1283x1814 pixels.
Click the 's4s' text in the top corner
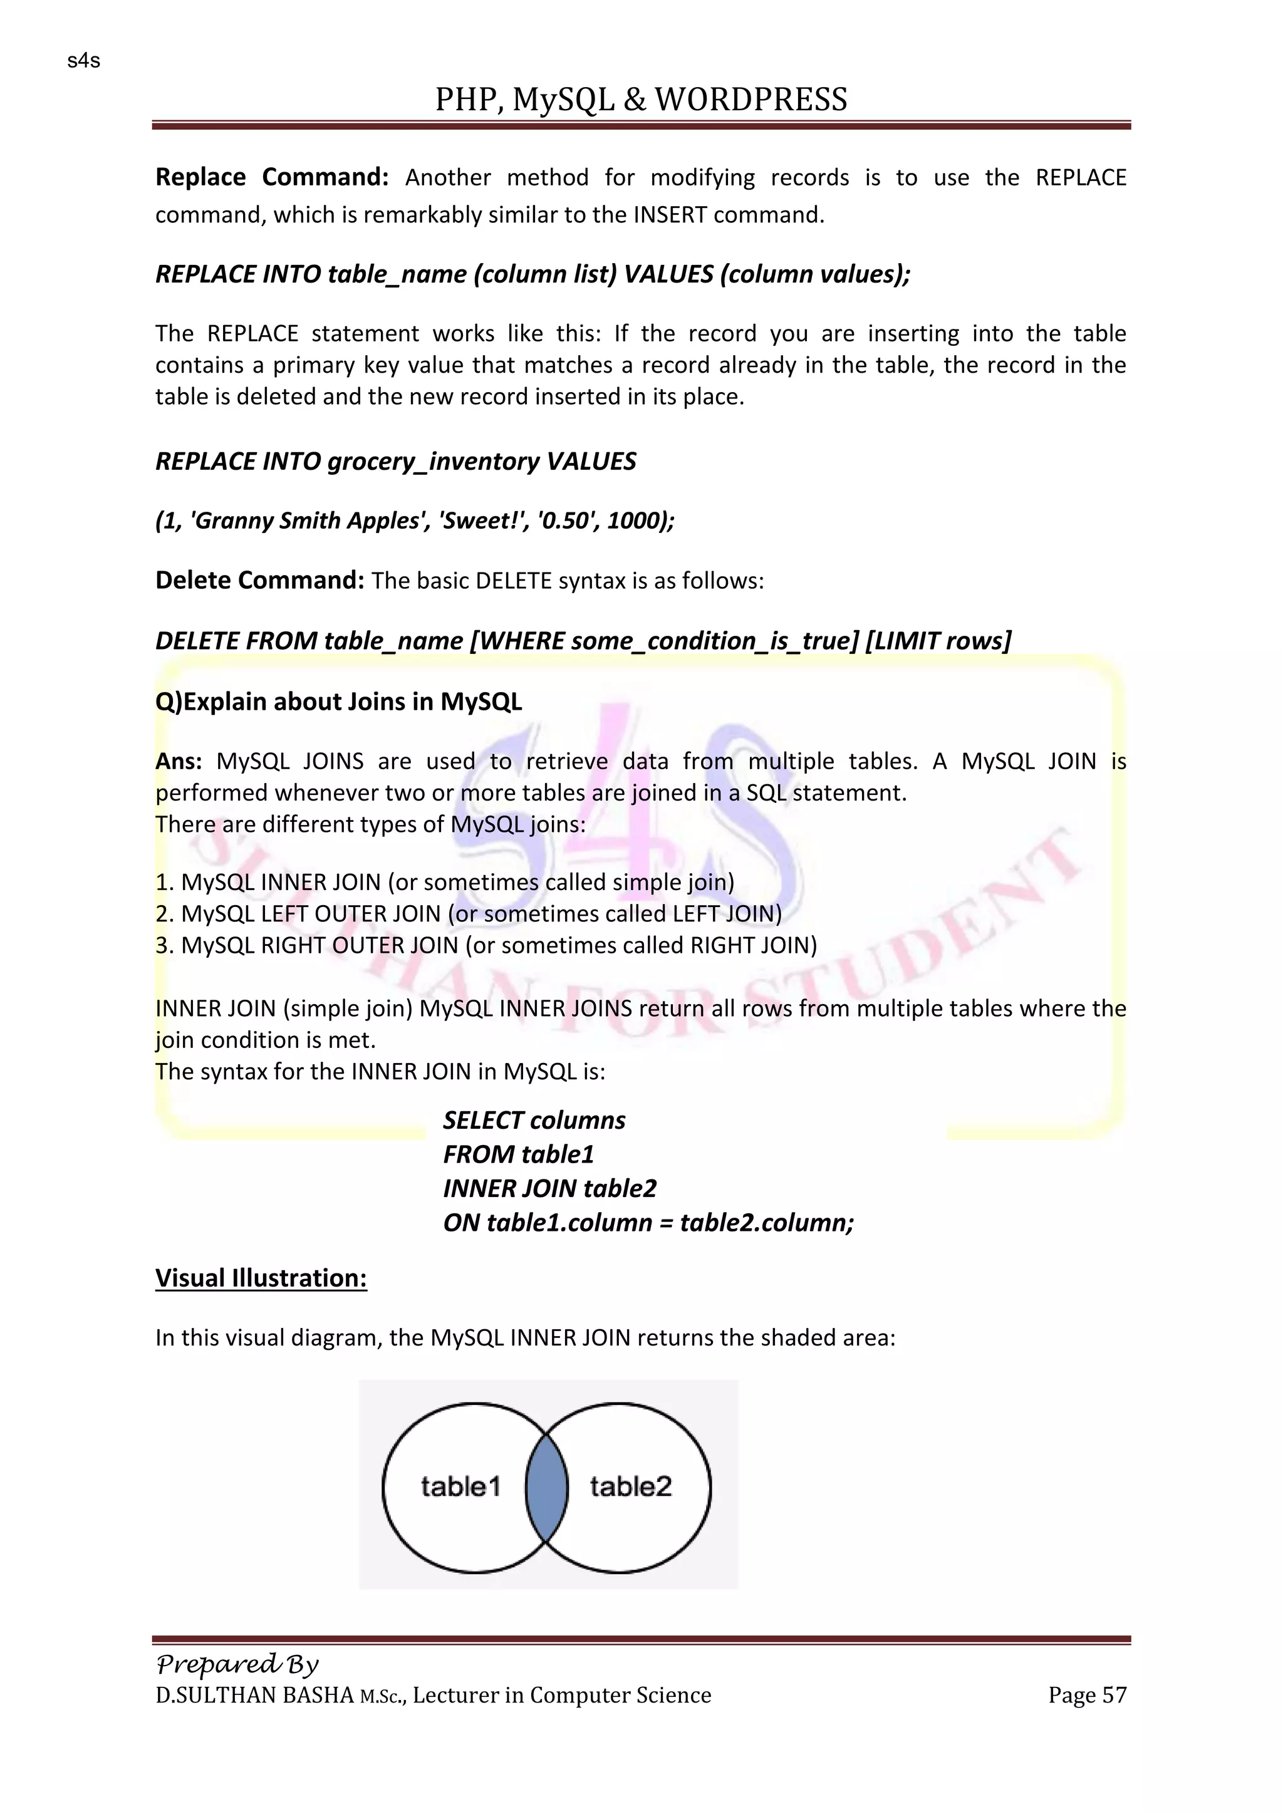84,61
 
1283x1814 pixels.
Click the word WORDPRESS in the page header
751,100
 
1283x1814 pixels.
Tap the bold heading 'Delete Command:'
259,581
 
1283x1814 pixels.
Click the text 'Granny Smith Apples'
308,521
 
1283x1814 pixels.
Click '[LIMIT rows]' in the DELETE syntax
938,641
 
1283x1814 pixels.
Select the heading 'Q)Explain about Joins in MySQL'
338,702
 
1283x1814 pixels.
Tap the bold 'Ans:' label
179,762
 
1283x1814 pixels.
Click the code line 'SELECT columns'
534,1121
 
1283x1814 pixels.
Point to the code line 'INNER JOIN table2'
550,1188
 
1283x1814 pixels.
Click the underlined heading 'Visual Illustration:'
261,1278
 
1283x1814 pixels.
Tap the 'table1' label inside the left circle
460,1487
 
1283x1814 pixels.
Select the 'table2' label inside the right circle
630,1487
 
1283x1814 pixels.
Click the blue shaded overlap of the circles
547,1487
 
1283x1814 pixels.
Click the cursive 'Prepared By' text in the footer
237,1665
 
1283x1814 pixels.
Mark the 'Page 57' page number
1087,1696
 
